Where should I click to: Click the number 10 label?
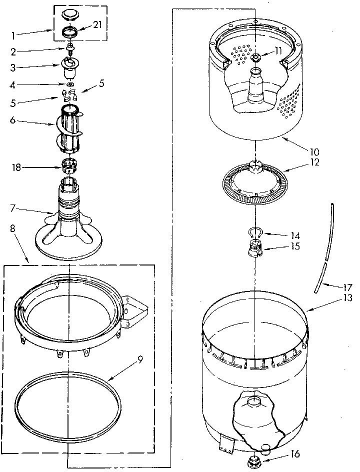(x=314, y=151)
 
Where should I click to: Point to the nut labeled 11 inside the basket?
(x=256, y=57)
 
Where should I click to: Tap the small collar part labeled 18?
(x=68, y=164)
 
